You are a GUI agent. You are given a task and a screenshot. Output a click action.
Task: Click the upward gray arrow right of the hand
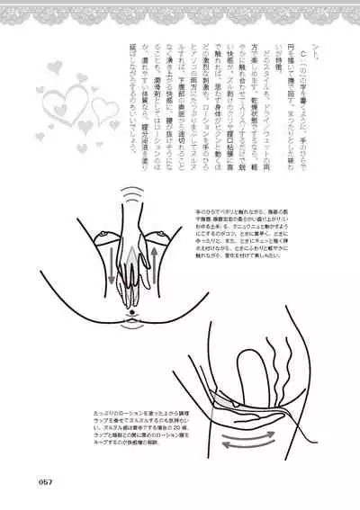click(x=158, y=270)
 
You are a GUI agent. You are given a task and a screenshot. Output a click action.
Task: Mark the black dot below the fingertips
click(x=133, y=311)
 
